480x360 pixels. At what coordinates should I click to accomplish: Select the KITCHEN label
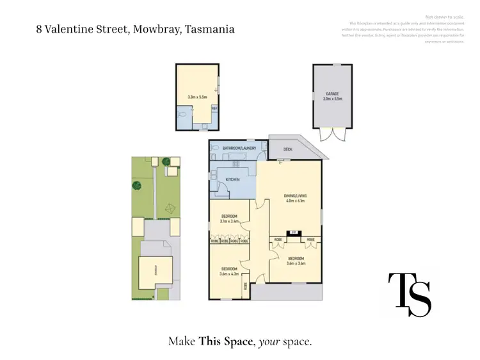232,179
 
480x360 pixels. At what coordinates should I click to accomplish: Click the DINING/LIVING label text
294,195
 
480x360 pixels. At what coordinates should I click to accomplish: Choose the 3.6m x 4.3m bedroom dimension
229,274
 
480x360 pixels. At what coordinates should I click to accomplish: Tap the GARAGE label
332,94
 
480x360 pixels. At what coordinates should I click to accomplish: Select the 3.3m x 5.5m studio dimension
197,97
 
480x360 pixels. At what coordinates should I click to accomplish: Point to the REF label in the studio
214,109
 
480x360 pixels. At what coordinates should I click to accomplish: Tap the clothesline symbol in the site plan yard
170,208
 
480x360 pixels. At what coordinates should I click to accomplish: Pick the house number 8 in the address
40,29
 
